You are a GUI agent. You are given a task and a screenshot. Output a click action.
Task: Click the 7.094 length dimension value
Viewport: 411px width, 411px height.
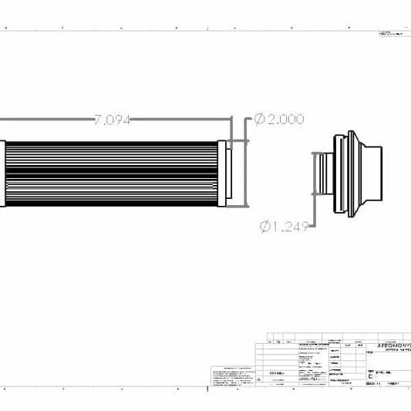click(x=112, y=120)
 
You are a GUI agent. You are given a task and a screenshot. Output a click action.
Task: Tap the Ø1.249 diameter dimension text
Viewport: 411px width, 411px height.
click(x=285, y=226)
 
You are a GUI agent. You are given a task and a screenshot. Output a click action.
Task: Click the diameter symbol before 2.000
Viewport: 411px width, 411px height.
click(x=259, y=119)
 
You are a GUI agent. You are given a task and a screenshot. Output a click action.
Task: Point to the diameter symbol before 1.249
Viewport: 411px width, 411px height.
click(x=266, y=226)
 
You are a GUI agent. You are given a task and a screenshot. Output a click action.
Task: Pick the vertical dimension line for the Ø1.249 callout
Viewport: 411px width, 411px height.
click(x=314, y=173)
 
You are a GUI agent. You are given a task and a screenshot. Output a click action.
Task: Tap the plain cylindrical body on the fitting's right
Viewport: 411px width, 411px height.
click(x=372, y=174)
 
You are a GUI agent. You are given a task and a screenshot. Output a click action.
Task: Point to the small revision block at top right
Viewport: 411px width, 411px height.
click(x=393, y=35)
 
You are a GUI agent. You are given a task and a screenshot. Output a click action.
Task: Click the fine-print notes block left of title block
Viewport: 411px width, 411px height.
click(x=231, y=375)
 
